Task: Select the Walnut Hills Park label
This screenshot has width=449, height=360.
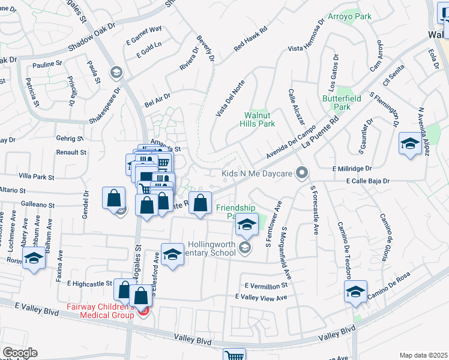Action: click(x=259, y=119)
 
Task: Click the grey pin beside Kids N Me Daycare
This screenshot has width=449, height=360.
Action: click(x=303, y=173)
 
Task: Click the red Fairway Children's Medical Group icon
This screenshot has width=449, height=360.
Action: click(x=143, y=311)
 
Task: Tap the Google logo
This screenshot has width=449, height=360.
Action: click(x=19, y=353)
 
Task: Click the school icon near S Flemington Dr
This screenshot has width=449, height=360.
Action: click(x=410, y=144)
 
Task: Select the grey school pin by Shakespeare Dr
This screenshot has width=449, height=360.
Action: click(x=116, y=73)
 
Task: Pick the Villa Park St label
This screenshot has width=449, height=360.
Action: click(x=37, y=178)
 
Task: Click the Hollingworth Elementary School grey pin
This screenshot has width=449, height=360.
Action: click(x=244, y=247)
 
